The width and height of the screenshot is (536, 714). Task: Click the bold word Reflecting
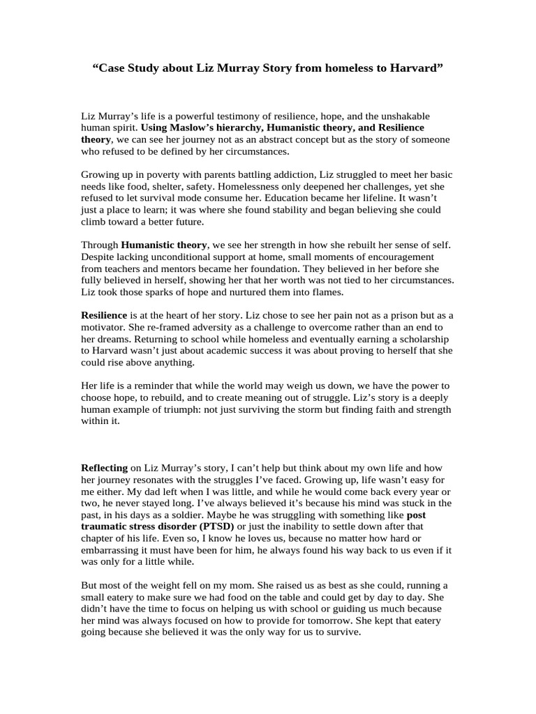point(105,469)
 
